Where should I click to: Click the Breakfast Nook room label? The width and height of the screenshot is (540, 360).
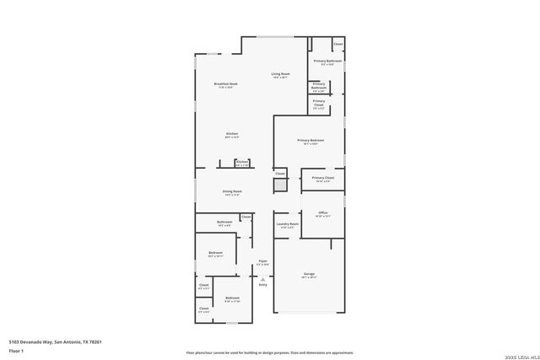[225, 84]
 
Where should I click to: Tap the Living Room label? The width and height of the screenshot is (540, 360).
[280, 75]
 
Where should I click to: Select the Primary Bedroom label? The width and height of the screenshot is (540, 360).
[310, 141]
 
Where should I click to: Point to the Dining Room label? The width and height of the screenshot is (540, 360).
[232, 192]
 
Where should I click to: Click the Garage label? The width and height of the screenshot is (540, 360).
[310, 275]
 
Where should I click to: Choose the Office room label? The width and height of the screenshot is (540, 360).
[322, 213]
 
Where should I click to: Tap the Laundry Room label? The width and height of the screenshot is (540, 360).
[288, 225]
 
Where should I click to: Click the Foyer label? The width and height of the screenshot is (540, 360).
[262, 262]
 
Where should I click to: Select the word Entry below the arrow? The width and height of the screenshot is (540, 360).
[262, 285]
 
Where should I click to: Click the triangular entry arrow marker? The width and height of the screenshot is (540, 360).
[262, 278]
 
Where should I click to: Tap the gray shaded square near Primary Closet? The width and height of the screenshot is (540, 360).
[280, 185]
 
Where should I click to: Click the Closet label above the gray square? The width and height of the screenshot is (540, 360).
[280, 173]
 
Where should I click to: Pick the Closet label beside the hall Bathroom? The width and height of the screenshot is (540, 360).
[246, 217]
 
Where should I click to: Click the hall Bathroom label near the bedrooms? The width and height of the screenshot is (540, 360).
[224, 223]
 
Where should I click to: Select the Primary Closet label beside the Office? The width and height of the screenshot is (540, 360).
[323, 179]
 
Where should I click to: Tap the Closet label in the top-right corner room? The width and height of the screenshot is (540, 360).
[337, 44]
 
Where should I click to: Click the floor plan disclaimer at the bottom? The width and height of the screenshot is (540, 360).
[270, 352]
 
